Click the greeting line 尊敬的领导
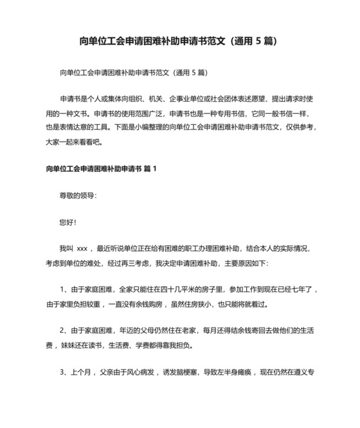click(x=77, y=196)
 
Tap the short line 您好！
click(x=67, y=222)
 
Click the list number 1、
click(x=64, y=290)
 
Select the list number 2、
click(x=64, y=331)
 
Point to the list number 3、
click(x=64, y=371)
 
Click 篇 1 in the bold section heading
click(x=150, y=169)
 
